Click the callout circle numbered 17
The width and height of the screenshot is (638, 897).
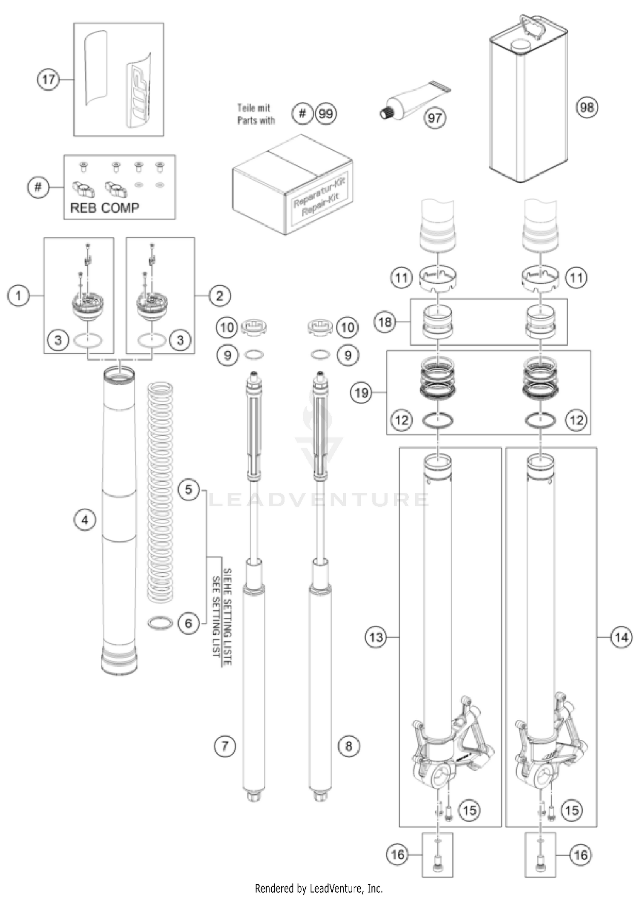48,79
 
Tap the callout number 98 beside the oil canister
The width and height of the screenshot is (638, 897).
587,107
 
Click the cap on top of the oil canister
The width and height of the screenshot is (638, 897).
518,45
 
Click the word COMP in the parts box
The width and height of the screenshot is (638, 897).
120,208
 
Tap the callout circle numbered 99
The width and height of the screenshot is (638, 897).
326,114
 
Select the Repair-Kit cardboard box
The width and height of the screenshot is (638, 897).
293,185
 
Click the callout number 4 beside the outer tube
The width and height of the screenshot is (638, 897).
85,520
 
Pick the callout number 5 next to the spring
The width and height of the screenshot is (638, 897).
188,489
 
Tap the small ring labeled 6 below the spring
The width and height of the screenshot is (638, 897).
160,623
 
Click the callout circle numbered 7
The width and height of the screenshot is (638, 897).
225,746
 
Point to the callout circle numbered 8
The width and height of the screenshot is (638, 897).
349,746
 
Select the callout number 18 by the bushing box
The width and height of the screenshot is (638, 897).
385,322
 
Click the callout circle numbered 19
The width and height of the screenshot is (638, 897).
362,392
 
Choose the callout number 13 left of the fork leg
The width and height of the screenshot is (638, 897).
376,637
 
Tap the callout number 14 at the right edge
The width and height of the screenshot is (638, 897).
621,637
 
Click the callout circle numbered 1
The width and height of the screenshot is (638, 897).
18,295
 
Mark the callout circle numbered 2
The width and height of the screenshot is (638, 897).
219,295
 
